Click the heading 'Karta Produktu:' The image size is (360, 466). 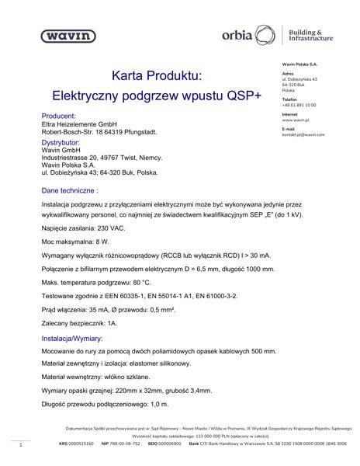[x=156, y=77]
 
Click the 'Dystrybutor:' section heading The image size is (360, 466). [x=61, y=143]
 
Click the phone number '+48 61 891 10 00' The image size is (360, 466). [x=299, y=104]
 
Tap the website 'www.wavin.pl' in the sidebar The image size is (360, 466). [x=297, y=120]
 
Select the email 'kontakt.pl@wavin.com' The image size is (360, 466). [x=303, y=134]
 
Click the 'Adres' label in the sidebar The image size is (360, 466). [x=287, y=74]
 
